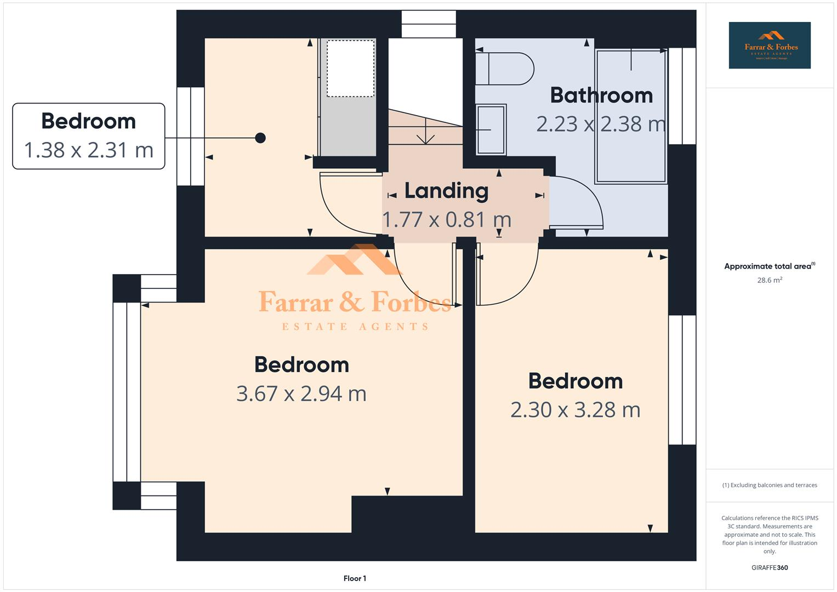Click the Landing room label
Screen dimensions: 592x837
coord(446,191)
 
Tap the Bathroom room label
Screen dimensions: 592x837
coord(601,95)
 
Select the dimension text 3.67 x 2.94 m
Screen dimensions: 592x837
coord(301,394)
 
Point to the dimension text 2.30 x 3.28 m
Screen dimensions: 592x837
coord(575,410)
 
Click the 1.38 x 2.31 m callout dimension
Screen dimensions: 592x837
coord(88,150)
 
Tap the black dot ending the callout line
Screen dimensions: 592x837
coord(260,138)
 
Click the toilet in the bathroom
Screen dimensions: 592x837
coord(504,69)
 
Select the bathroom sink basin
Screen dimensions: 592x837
coord(491,129)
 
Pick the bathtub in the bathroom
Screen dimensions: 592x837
coord(631,116)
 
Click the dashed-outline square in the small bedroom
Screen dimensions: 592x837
coord(351,68)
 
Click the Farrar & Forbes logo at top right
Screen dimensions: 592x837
coord(770,45)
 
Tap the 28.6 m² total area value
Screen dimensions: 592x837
coord(770,280)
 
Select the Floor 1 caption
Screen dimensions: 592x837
coord(355,578)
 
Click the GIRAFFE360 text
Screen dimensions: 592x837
coord(770,567)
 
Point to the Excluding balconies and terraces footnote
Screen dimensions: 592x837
coord(770,485)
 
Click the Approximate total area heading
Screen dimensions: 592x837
coord(768,266)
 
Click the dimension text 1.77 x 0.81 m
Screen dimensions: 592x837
coord(446,220)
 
